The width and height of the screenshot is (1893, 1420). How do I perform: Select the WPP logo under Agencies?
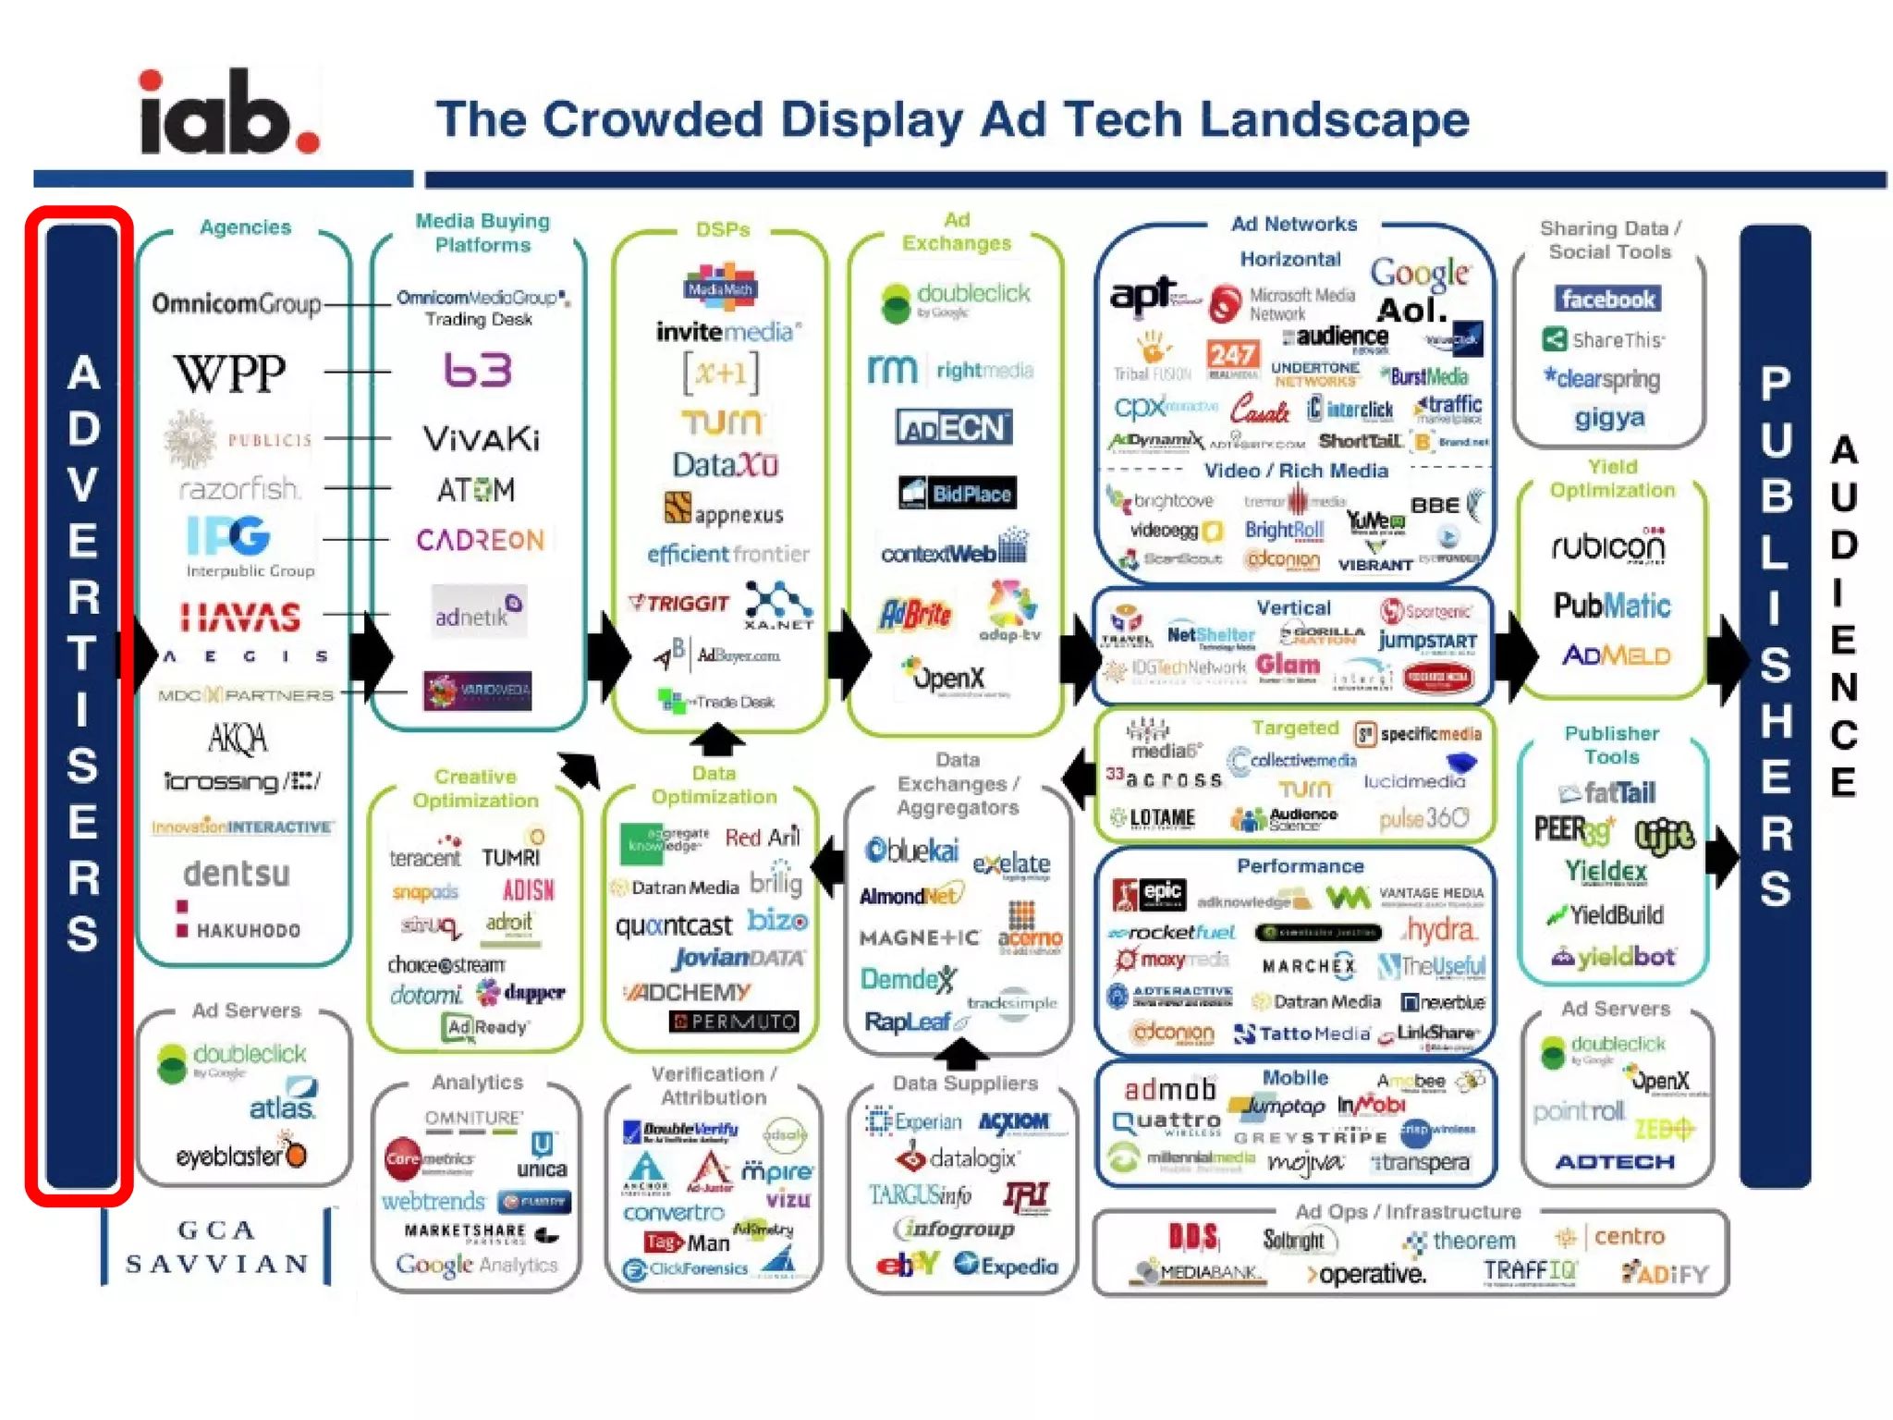(x=230, y=373)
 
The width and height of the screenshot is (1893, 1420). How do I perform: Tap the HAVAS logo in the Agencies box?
(x=240, y=617)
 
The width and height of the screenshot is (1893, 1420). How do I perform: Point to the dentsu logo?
(x=237, y=873)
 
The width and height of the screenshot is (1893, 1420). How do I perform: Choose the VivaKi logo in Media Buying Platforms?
(x=481, y=438)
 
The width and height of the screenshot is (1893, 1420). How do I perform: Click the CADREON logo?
(x=481, y=540)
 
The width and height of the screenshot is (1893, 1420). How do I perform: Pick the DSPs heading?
(x=722, y=229)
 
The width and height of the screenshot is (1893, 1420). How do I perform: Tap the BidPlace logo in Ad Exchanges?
(x=957, y=493)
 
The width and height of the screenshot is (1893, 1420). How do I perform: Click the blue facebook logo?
(x=1607, y=299)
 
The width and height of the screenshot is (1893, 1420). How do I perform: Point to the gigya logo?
(x=1609, y=418)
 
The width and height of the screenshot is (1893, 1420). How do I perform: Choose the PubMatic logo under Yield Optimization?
(x=1612, y=606)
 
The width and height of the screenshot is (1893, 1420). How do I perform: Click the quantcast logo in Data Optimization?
(x=674, y=924)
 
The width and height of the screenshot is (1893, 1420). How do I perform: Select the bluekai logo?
(x=911, y=851)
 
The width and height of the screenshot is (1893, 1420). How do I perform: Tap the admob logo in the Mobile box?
(x=1169, y=1090)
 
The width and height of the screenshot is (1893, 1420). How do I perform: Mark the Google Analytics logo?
(x=477, y=1265)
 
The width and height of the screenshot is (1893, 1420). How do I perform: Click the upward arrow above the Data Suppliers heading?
(x=962, y=1052)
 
